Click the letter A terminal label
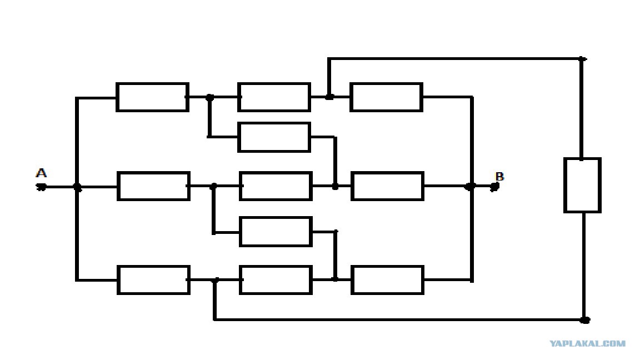pos(41,173)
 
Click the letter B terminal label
pos(499,176)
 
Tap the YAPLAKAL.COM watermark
pos(587,343)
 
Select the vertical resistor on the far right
pos(582,185)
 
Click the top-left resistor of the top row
pos(152,97)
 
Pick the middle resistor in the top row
pos(274,97)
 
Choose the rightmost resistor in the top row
pos(386,97)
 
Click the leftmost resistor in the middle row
pos(153,186)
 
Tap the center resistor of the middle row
pos(276,186)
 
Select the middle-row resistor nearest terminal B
pos(387,186)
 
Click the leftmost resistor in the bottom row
pos(153,280)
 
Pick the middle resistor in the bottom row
pos(276,280)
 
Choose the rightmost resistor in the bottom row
pos(387,280)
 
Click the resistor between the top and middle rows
pos(274,137)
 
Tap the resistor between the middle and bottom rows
pos(276,232)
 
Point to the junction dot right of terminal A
pos(77,187)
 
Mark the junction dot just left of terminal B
pos(471,186)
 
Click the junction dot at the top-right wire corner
pos(582,59)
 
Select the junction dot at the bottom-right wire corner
pos(585,320)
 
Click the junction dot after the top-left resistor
pos(210,98)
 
